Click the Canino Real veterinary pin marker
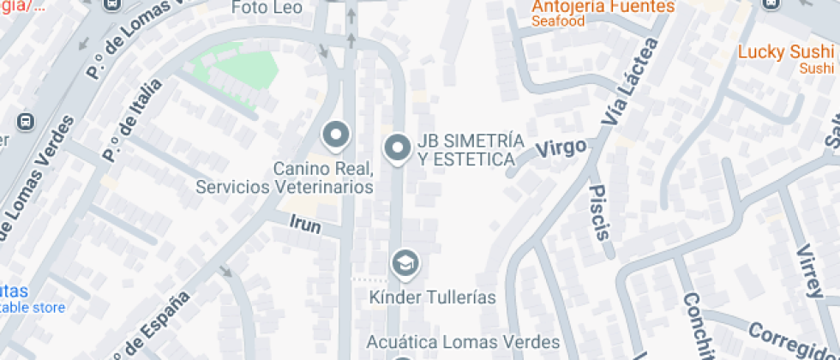(x=336, y=135)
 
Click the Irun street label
(x=305, y=225)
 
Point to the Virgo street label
(x=561, y=148)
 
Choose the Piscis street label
(x=600, y=211)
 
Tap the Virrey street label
(x=809, y=270)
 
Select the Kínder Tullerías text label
(x=433, y=297)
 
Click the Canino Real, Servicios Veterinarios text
(x=285, y=177)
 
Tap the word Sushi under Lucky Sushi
(x=815, y=68)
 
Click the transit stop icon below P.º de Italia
(x=26, y=121)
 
